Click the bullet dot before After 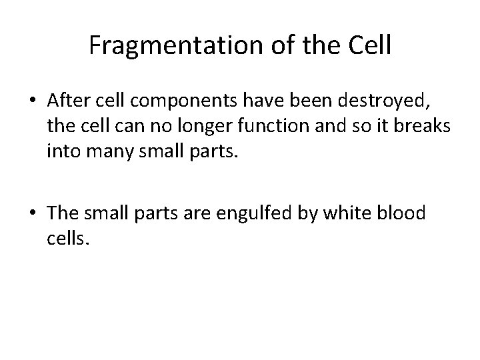click(33, 102)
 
